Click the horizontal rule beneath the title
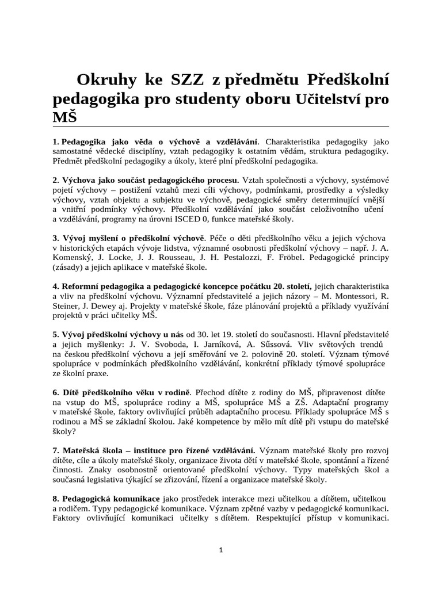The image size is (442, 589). (x=220, y=127)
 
